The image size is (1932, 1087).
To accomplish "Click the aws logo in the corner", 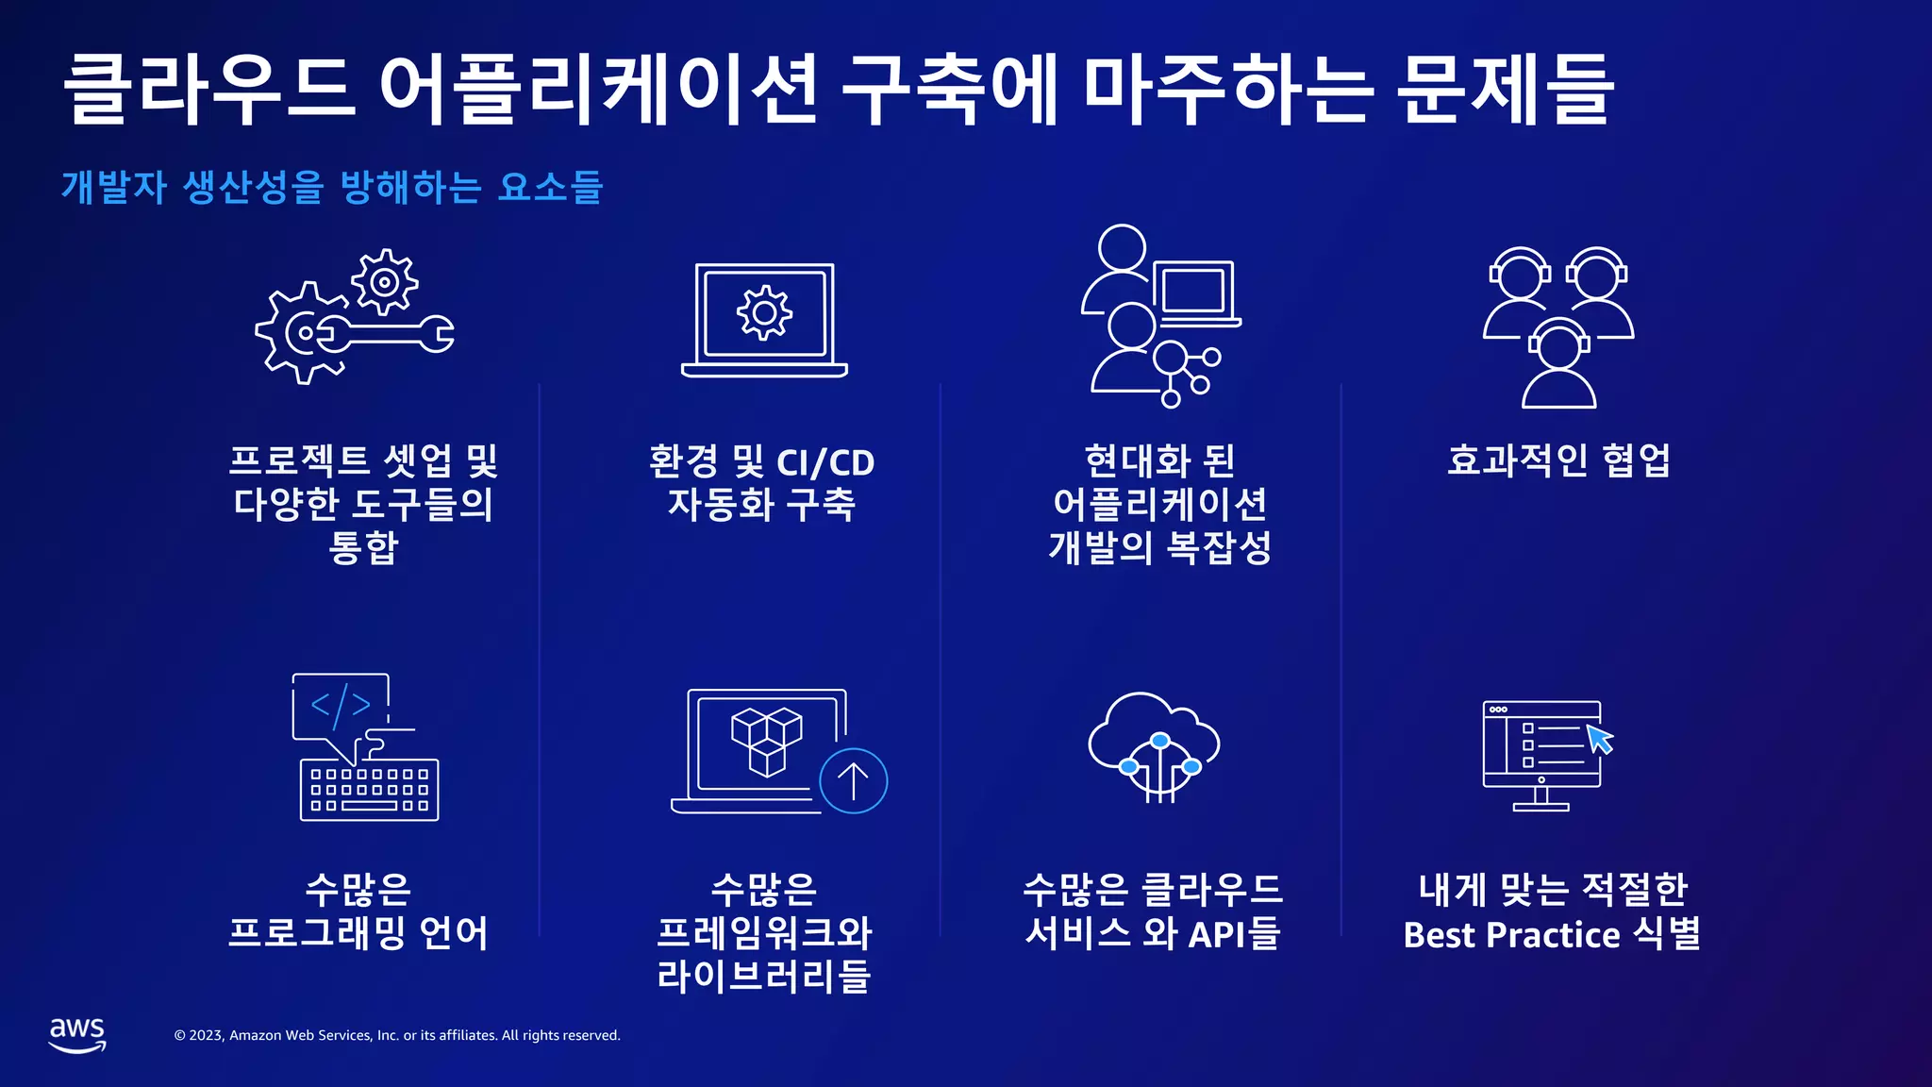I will (77, 1034).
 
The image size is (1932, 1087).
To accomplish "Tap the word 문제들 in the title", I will (1505, 90).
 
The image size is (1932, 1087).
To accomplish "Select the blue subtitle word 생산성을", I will (253, 187).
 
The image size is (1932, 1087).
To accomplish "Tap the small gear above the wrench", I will (384, 281).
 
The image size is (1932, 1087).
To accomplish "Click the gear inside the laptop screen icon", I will (764, 313).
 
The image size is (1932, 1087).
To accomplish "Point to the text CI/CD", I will (825, 462).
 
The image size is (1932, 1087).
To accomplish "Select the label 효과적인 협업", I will (1558, 460).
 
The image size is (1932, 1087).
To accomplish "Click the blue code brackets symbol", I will (341, 705).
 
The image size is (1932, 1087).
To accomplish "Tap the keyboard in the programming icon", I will (369, 791).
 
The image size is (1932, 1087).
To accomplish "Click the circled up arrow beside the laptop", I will (853, 780).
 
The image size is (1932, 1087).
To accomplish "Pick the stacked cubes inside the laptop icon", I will (766, 741).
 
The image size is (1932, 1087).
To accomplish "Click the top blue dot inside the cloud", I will (1159, 741).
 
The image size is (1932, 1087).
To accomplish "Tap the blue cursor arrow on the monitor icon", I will (1599, 738).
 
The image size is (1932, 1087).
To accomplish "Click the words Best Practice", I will (1511, 935).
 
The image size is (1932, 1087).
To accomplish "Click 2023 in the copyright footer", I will (206, 1035).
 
